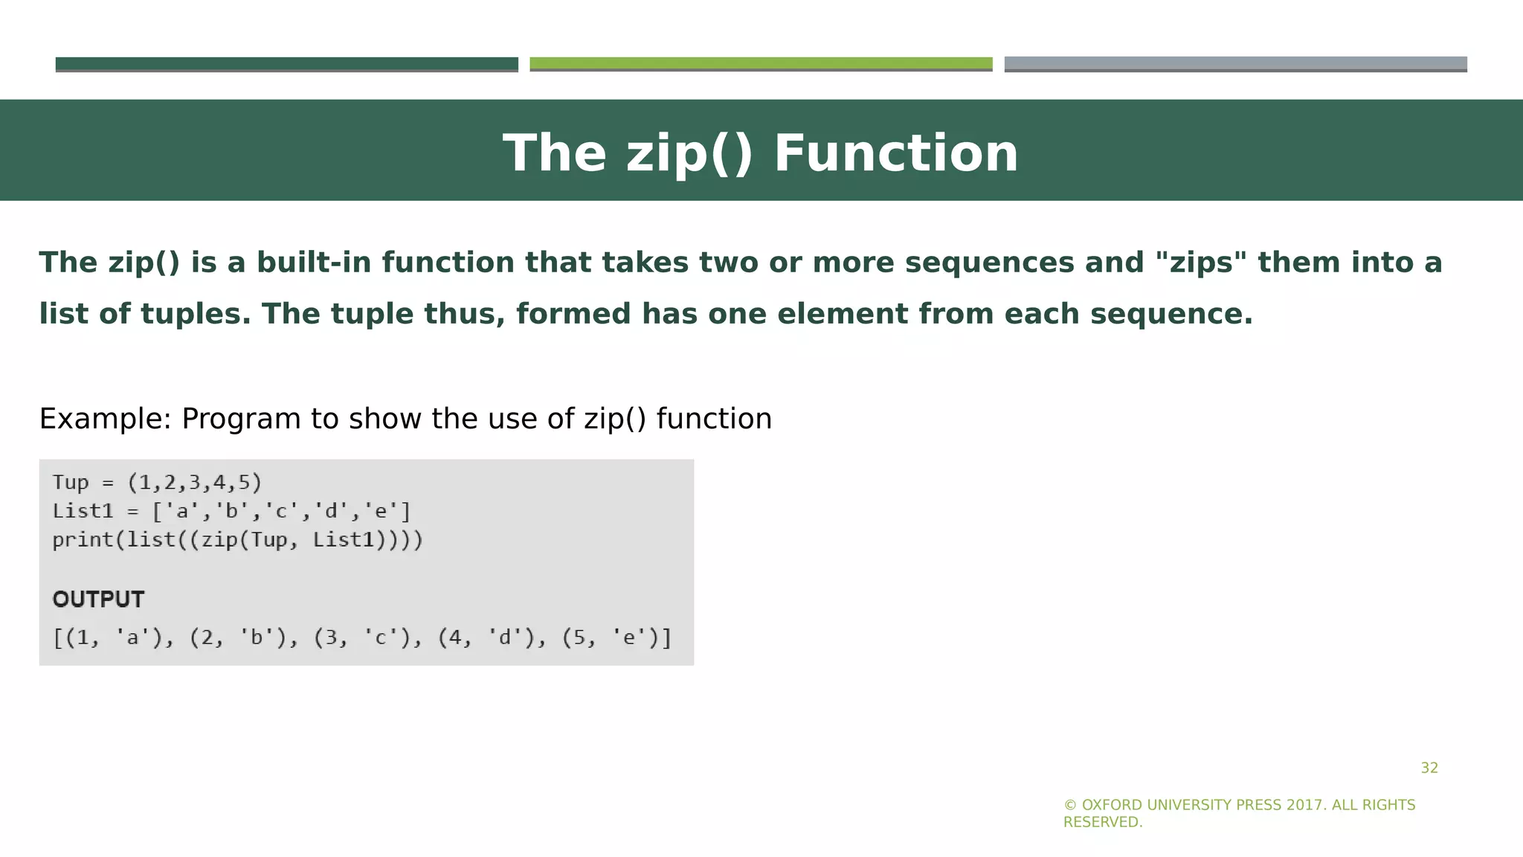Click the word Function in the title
point(895,153)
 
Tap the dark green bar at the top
point(286,64)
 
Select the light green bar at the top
point(761,64)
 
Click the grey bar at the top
point(1235,64)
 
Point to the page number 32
point(1429,768)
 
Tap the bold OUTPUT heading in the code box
point(98,600)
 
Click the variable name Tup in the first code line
point(71,483)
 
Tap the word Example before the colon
point(100,419)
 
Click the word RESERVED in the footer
point(1102,823)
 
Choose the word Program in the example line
point(241,419)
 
